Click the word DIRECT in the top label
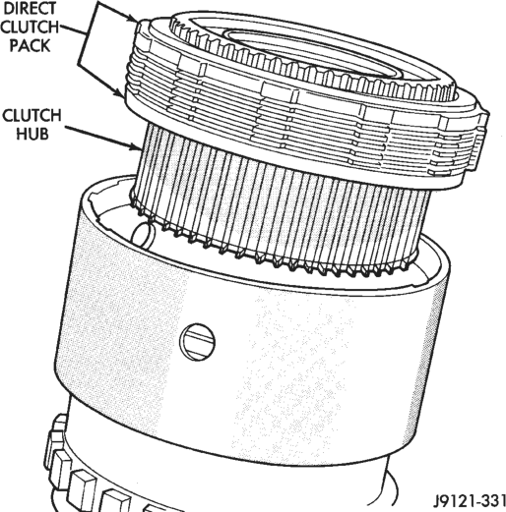[29, 9]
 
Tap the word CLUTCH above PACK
[30, 27]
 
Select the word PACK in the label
[30, 45]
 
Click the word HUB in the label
[32, 134]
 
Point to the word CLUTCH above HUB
[32, 115]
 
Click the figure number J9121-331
[470, 500]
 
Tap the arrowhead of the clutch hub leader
[137, 146]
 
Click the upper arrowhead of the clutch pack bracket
[133, 18]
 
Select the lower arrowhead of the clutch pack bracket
[120, 92]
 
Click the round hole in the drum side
[197, 342]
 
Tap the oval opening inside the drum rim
[144, 235]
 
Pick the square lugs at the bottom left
[86, 472]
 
